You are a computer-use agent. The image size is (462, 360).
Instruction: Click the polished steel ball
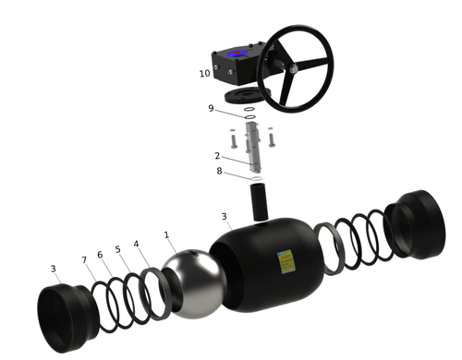click(x=194, y=283)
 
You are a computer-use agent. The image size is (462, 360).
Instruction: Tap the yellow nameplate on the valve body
click(x=286, y=261)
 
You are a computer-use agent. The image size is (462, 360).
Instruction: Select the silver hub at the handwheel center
click(x=294, y=69)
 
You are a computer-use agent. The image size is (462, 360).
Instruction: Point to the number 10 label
click(x=205, y=74)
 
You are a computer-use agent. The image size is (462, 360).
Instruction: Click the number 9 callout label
click(x=211, y=108)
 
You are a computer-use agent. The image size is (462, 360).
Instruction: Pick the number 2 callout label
click(x=217, y=156)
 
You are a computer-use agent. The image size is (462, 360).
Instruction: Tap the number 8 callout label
click(x=219, y=171)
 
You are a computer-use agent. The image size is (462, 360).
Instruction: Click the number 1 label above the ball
click(x=166, y=235)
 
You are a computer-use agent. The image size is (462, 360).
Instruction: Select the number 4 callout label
click(x=136, y=244)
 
